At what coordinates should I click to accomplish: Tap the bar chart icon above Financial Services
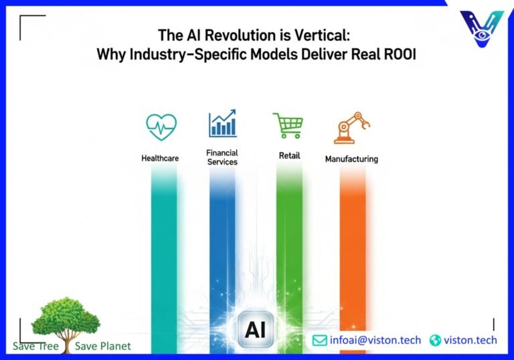[222, 124]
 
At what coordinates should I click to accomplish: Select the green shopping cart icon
[288, 126]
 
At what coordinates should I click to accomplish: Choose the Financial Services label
[222, 157]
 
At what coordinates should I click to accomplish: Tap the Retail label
[289, 156]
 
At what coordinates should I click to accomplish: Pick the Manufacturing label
[351, 159]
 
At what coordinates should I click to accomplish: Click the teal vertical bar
[164, 254]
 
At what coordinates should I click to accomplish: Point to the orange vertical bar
[352, 254]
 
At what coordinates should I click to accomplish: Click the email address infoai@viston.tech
[375, 341]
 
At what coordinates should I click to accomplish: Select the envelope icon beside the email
[320, 341]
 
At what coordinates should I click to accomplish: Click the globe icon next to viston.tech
[436, 341]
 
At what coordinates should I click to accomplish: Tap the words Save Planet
[103, 346]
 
